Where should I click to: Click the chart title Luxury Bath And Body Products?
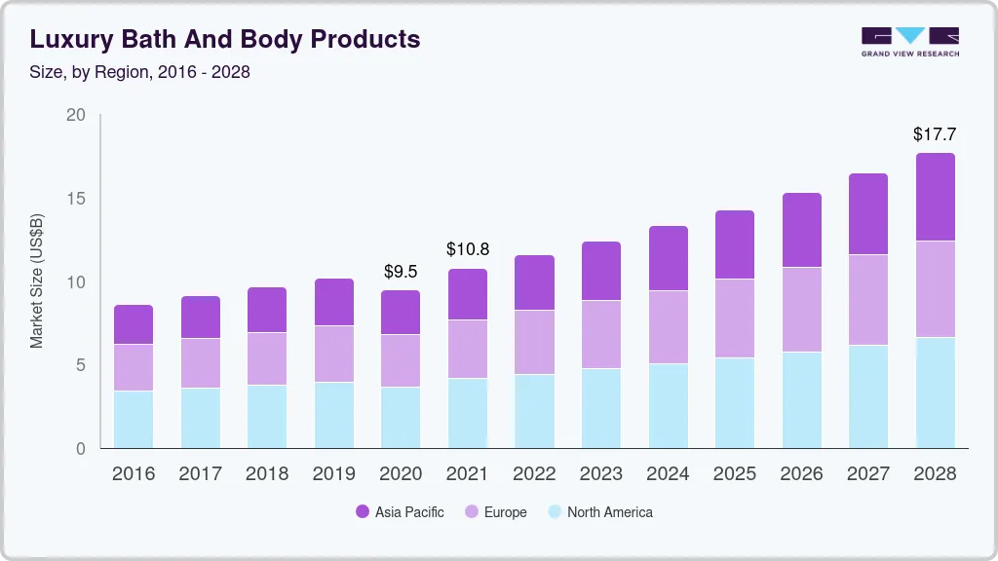point(225,39)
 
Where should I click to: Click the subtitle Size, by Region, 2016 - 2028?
point(139,72)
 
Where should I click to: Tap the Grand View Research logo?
point(910,41)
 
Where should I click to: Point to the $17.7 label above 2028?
point(935,133)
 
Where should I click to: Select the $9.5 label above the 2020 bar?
point(401,272)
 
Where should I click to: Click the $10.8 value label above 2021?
point(467,250)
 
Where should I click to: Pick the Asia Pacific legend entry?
point(400,512)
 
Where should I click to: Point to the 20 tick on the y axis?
point(76,116)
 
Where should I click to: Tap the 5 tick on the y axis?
point(81,365)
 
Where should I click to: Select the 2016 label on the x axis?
point(134,474)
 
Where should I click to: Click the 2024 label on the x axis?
point(668,474)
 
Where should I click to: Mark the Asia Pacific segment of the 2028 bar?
point(935,197)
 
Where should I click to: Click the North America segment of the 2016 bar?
point(134,420)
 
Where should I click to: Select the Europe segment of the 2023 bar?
point(600,334)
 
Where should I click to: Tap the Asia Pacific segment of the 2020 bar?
point(401,313)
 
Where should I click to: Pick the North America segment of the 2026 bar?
point(801,400)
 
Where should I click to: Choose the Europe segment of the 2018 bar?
point(267,358)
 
